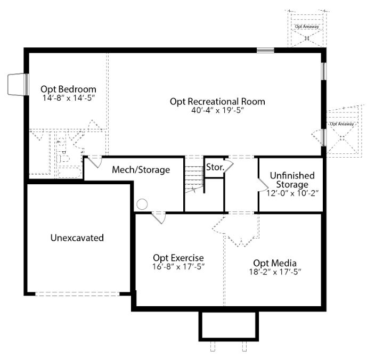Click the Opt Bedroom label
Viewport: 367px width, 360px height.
pyautogui.click(x=68, y=89)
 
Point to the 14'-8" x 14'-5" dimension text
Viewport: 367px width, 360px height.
pyautogui.click(x=69, y=98)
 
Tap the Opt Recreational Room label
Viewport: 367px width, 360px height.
pyautogui.click(x=217, y=102)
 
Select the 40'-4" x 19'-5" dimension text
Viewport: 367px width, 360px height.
pyautogui.click(x=218, y=110)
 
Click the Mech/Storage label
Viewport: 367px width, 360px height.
pyautogui.click(x=141, y=170)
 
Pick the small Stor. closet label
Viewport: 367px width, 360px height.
pyautogui.click(x=215, y=167)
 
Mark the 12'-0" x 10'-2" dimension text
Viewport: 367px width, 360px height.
pyautogui.click(x=292, y=193)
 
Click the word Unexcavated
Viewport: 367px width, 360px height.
pyautogui.click(x=77, y=238)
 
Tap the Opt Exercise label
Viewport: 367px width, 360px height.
pyautogui.click(x=178, y=258)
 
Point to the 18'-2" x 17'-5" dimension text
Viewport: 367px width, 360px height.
pyautogui.click(x=275, y=272)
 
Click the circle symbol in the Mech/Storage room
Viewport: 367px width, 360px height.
pyautogui.click(x=142, y=204)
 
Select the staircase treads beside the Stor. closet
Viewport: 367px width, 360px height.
pyautogui.click(x=194, y=179)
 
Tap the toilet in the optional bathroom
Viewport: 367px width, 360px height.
pyautogui.click(x=63, y=159)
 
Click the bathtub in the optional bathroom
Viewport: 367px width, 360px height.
pyautogui.click(x=70, y=172)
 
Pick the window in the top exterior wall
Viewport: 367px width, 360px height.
pyautogui.click(x=265, y=50)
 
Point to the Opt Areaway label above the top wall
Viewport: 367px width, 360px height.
pyautogui.click(x=307, y=27)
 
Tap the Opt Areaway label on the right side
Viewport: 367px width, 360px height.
pyautogui.click(x=342, y=124)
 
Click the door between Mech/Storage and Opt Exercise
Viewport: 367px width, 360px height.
pyautogui.click(x=159, y=218)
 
